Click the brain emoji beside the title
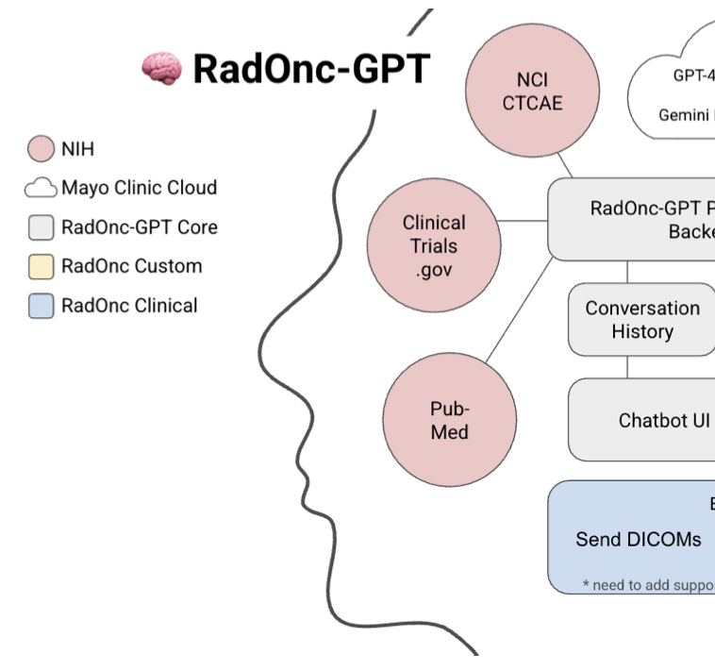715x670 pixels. tap(161, 69)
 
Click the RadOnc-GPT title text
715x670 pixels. tap(311, 69)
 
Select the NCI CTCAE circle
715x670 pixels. tap(532, 91)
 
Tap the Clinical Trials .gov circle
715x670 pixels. tap(434, 246)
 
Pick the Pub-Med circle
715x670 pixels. tap(449, 420)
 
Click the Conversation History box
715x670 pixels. tap(641, 320)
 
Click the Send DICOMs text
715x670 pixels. tap(639, 540)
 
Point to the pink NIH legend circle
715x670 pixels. tap(41, 149)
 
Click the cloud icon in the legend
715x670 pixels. tap(41, 189)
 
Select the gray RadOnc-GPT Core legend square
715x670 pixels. tap(41, 227)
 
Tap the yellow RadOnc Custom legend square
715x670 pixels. tap(41, 267)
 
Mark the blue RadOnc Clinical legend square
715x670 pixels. tap(41, 306)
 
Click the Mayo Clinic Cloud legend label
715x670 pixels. tap(139, 188)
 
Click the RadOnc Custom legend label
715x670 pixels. tap(131, 266)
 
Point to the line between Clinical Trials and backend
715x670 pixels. tap(524, 222)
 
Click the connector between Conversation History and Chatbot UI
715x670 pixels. tap(627, 367)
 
